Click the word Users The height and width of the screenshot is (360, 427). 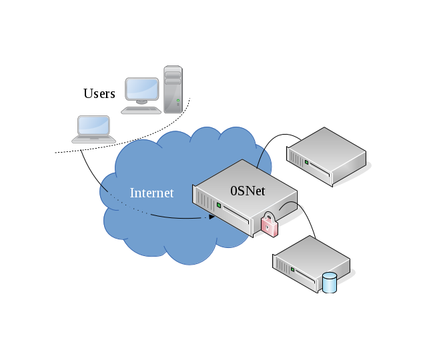[x=99, y=93]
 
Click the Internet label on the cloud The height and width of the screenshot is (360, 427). [x=151, y=193]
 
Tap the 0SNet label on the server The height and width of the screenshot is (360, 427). [x=248, y=191]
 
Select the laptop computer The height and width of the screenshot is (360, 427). [x=93, y=129]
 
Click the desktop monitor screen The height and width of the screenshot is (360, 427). [x=142, y=89]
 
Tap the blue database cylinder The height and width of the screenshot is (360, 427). [x=330, y=283]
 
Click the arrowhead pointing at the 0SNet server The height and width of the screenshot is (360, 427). [x=211, y=217]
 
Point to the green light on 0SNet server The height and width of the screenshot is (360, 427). [x=218, y=206]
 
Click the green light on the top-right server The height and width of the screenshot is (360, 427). [x=306, y=162]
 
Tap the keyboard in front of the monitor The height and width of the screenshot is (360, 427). [x=141, y=110]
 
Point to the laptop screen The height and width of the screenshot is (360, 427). [x=93, y=125]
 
